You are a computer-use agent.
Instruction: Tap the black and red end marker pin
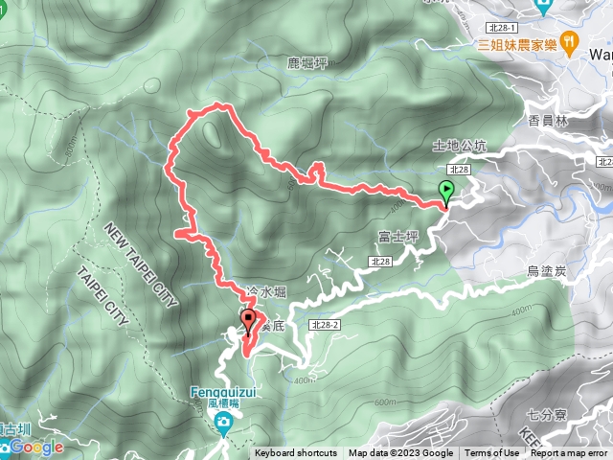[x=248, y=321]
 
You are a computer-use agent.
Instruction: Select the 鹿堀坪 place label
[x=307, y=63]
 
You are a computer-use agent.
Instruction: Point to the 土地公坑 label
[x=460, y=147]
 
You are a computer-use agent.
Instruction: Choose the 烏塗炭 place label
[x=547, y=272]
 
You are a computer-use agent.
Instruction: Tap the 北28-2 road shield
[x=325, y=326]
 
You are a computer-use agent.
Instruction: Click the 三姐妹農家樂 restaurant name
[x=517, y=43]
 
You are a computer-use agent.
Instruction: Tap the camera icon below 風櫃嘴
[x=223, y=423]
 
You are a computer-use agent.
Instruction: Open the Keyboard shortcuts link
[x=296, y=453]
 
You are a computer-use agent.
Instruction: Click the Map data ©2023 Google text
[x=400, y=453]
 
